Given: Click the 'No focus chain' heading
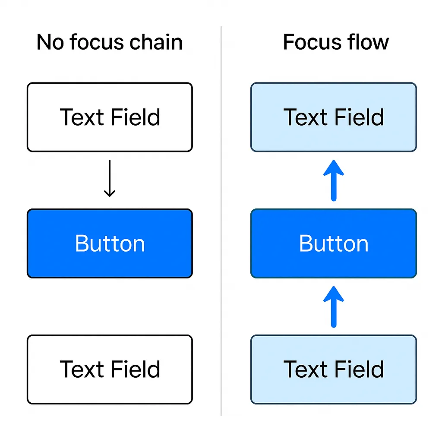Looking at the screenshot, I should click(109, 42).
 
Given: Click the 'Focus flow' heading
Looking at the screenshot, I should click(335, 42).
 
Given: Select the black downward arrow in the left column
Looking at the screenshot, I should click(110, 178).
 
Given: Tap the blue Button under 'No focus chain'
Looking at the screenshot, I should click(110, 243).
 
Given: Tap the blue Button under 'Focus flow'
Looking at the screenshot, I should click(334, 243).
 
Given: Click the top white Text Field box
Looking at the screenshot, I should click(110, 117).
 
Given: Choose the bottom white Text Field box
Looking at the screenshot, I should click(110, 369).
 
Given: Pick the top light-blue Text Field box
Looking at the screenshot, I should click(334, 117).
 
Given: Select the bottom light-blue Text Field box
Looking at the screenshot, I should click(334, 369).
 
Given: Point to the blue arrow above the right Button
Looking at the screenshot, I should click(334, 180).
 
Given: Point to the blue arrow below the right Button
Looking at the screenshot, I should click(334, 306).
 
